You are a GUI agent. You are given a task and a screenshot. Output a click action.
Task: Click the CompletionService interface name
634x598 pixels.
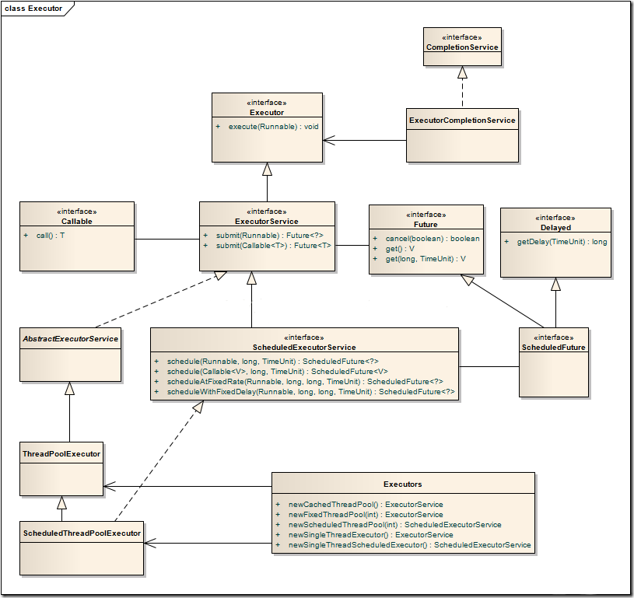tap(462, 47)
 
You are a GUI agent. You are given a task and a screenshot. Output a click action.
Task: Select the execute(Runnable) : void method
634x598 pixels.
tap(273, 127)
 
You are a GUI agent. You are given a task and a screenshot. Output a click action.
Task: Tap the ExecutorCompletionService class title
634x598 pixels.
tap(462, 120)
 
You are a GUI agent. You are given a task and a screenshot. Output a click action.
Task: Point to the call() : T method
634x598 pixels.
tap(51, 236)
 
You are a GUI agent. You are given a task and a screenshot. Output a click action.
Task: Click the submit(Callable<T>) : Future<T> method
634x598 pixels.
tap(273, 246)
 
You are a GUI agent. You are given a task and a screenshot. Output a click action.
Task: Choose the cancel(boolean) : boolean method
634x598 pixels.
tap(433, 239)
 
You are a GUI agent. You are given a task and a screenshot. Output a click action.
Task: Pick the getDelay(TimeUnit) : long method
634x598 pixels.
tap(562, 242)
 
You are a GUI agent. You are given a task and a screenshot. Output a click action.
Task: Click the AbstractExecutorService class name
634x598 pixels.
tap(70, 339)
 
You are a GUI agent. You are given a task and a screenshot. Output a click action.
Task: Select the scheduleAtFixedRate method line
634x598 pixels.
tap(305, 382)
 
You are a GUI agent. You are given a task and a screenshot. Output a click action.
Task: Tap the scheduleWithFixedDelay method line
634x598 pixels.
tap(311, 392)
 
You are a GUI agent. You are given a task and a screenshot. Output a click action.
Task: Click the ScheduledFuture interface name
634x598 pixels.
tap(554, 348)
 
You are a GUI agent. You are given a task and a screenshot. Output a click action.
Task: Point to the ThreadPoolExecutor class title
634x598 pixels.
tap(61, 454)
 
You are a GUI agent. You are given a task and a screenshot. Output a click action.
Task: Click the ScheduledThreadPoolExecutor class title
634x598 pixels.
tap(82, 533)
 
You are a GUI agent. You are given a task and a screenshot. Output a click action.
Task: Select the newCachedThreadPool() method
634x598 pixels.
tap(366, 505)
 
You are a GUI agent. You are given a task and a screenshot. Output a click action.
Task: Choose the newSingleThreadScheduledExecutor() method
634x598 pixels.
tap(410, 545)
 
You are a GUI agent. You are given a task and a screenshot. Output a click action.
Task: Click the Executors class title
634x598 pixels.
tap(403, 484)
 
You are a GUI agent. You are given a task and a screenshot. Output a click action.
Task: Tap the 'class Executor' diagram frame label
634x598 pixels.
tap(33, 9)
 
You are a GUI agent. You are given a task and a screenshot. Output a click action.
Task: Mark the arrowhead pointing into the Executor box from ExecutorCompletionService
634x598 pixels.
tap(329, 140)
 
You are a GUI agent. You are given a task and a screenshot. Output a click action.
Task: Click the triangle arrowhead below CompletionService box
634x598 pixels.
tap(462, 72)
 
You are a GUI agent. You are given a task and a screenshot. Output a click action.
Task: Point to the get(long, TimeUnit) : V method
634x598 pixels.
tap(426, 259)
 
